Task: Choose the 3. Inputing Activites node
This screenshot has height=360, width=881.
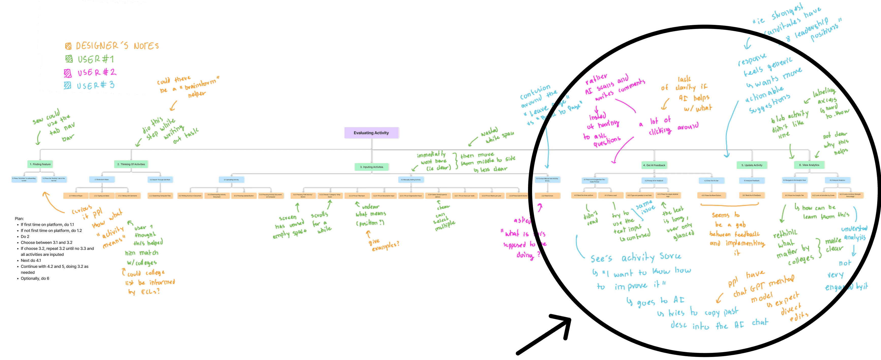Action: point(372,167)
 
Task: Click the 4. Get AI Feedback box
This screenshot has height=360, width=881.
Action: point(654,165)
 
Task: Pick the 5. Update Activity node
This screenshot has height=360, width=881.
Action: point(752,165)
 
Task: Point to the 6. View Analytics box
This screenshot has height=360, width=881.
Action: point(809,165)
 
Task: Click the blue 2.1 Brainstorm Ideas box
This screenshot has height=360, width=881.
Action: point(102,179)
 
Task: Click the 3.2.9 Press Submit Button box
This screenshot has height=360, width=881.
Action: point(518,196)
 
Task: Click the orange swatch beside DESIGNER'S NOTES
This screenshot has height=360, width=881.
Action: point(68,46)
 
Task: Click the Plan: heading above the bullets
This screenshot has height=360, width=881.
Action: point(19,218)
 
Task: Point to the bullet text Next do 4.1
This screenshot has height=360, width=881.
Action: point(31,260)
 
